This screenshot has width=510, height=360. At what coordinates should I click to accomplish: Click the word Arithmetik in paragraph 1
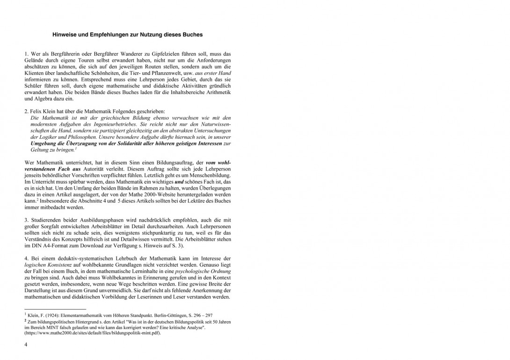pyautogui.click(x=217, y=93)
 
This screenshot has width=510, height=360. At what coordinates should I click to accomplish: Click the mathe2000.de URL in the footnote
pyautogui.click(x=93, y=332)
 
